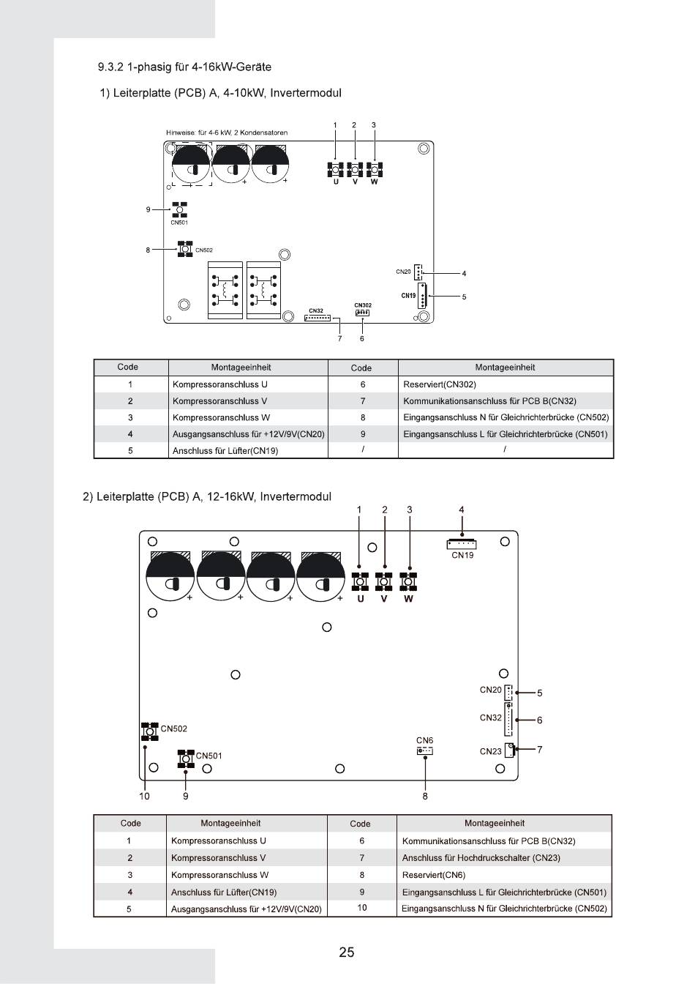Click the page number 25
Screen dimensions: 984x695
pos(347,952)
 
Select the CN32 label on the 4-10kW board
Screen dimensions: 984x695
pos(316,311)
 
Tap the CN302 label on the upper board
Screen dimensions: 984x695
pos(363,305)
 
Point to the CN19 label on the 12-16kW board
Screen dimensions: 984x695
pos(462,555)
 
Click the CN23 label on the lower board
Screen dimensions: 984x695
pos(490,751)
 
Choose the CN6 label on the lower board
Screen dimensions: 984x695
pos(424,741)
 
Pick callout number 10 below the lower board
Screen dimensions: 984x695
pos(144,795)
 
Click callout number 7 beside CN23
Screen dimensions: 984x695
pos(539,749)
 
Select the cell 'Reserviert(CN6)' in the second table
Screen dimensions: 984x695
pos(433,875)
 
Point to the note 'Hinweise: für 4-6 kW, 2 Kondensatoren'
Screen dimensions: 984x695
pos(227,133)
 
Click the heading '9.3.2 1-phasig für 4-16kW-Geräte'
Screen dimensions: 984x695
pos(184,67)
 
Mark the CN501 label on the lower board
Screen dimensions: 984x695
pos(209,756)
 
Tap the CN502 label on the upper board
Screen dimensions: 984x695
pos(204,250)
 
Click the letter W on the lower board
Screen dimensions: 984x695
pos(408,599)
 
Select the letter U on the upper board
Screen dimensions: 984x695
pos(336,182)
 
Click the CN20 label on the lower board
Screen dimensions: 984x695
pos(490,690)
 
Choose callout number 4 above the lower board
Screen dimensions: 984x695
pos(461,510)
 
